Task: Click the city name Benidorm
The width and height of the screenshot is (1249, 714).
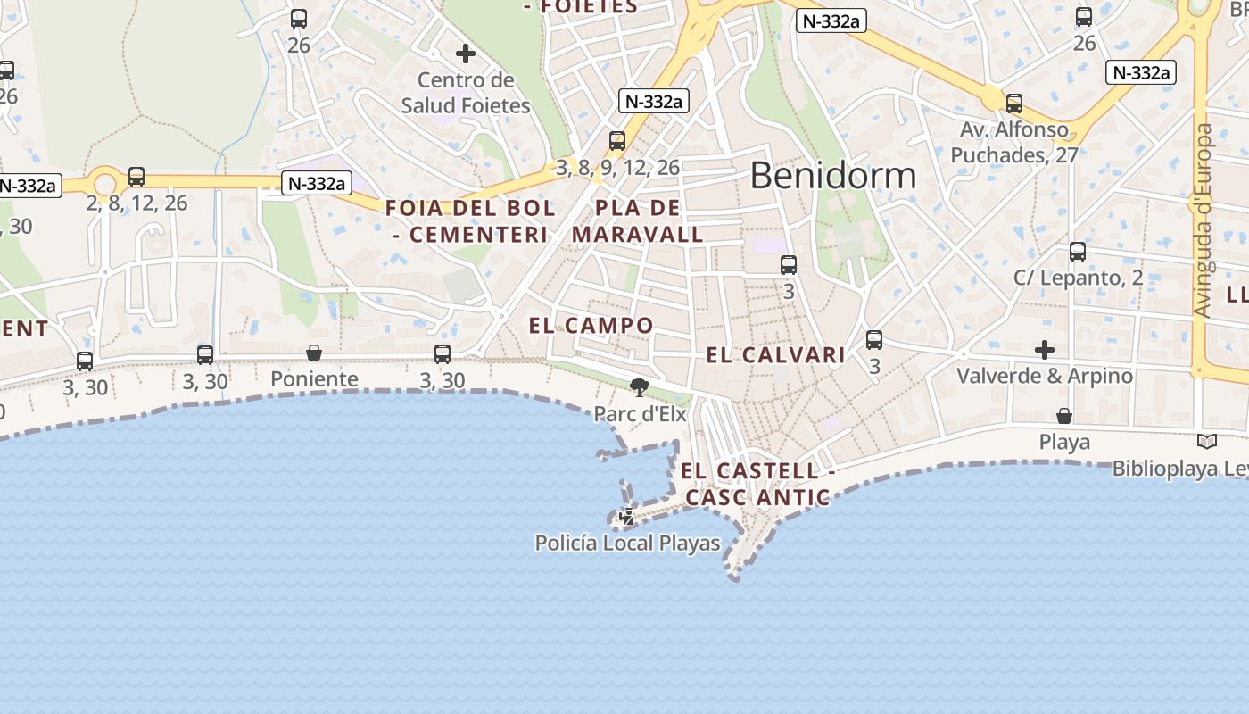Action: [832, 176]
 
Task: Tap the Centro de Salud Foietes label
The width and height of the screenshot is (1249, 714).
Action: [466, 93]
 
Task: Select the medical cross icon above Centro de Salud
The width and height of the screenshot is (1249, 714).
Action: [465, 54]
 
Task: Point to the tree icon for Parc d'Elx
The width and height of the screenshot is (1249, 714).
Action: [639, 386]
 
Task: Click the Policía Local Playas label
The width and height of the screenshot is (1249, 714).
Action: [627, 543]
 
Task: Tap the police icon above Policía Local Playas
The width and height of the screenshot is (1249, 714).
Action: [627, 516]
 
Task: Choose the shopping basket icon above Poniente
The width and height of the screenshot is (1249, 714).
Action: [314, 353]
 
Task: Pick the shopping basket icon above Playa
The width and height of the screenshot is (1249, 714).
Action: [1064, 416]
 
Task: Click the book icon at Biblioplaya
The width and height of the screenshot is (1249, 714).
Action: [1206, 441]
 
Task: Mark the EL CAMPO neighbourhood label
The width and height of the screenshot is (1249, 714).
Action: [591, 326]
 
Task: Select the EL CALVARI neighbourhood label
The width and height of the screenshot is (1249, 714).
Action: [775, 355]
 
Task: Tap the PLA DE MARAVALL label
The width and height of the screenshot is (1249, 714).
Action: [637, 221]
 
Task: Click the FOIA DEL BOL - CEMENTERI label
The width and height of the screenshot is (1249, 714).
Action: [470, 221]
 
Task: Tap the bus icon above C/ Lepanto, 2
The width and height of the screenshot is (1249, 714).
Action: [1078, 252]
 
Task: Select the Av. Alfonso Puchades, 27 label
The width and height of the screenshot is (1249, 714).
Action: [1013, 143]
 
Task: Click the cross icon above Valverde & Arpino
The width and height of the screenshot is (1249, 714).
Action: [1045, 349]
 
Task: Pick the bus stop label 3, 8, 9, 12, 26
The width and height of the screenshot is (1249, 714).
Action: [617, 167]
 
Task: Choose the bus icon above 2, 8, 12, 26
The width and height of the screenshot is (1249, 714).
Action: [136, 177]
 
